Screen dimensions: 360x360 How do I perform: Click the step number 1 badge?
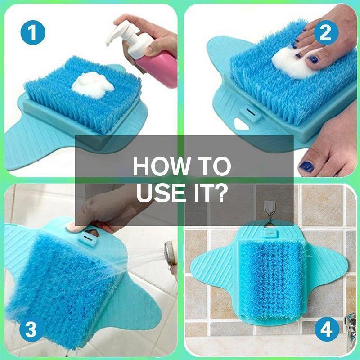coord(33,32)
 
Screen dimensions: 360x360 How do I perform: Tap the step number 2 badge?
coord(326,32)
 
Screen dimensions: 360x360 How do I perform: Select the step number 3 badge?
coord(31,329)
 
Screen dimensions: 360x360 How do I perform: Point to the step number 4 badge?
coord(327,329)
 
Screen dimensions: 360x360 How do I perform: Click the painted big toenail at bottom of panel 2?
coord(306,166)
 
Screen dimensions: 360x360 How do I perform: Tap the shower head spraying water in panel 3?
coord(171,253)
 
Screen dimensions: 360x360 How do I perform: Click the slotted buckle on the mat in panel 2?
coord(251,113)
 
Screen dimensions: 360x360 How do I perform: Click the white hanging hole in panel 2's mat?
coord(241,124)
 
